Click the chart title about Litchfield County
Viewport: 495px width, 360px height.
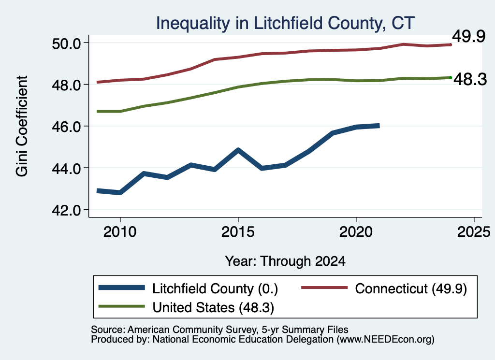285,23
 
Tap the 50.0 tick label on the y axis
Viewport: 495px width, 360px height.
66,43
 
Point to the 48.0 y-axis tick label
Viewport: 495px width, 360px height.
66,85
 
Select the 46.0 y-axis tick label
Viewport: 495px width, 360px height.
66,127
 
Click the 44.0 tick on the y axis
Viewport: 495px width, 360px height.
66,168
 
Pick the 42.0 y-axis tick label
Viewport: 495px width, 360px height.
66,210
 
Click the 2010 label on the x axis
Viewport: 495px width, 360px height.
120,232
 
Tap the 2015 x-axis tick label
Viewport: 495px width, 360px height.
238,232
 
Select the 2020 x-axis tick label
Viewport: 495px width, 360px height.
356,232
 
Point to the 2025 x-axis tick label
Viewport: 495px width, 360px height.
474,232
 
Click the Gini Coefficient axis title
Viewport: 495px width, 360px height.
22,126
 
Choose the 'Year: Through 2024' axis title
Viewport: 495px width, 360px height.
285,261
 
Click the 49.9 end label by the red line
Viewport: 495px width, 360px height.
469,36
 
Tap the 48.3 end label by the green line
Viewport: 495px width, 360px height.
470,79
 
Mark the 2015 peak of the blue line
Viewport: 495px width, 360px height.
238,150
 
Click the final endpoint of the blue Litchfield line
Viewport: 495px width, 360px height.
379,126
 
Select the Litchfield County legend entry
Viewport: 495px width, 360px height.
188,288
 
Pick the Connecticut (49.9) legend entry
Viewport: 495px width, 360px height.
384,288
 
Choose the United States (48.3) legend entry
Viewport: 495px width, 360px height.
186,307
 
